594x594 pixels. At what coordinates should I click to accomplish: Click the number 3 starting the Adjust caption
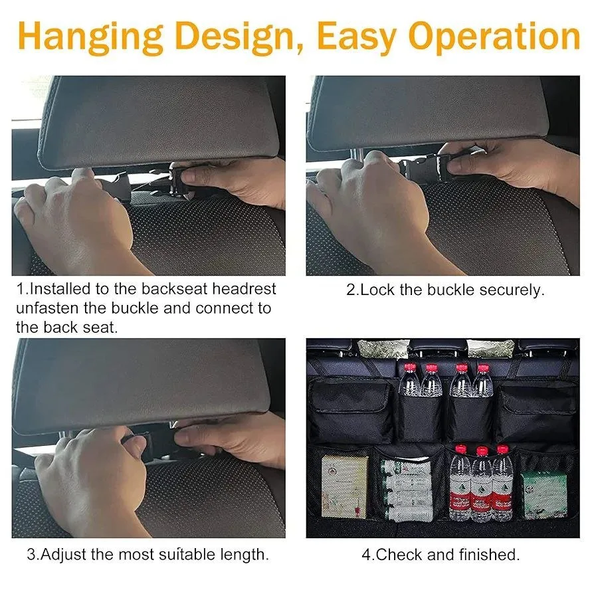click(31, 554)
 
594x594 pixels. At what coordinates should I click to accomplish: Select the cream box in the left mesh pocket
click(344, 486)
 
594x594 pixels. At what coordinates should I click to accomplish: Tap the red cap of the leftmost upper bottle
click(410, 367)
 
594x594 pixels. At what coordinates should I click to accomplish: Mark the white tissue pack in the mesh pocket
click(406, 490)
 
